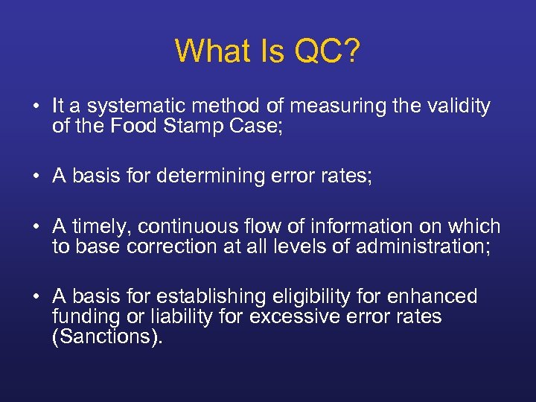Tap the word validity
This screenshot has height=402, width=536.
(457, 106)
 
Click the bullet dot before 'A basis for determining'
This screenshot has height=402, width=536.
(36, 176)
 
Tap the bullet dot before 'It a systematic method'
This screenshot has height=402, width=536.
(36, 106)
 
